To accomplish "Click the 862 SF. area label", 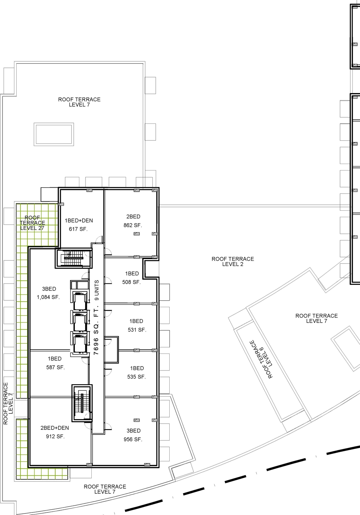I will [x=133, y=225].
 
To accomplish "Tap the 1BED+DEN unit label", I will [x=79, y=221].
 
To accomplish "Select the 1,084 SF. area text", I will [x=48, y=297].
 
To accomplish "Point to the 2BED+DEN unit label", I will [x=55, y=428].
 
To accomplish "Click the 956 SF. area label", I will [x=133, y=439].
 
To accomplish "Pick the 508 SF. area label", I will [x=131, y=282].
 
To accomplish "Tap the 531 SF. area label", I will [x=137, y=330].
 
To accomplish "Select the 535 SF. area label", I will [x=136, y=377].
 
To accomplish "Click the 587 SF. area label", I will [x=55, y=367].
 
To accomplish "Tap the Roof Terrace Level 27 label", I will [x=32, y=223].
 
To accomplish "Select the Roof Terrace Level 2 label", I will [x=233, y=261].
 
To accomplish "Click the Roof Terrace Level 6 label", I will [x=261, y=359].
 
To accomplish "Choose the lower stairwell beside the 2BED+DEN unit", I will [x=82, y=403].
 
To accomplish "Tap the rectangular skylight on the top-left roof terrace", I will [x=54, y=134].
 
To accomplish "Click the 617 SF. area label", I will [x=78, y=229].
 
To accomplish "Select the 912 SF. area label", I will [x=55, y=437].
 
